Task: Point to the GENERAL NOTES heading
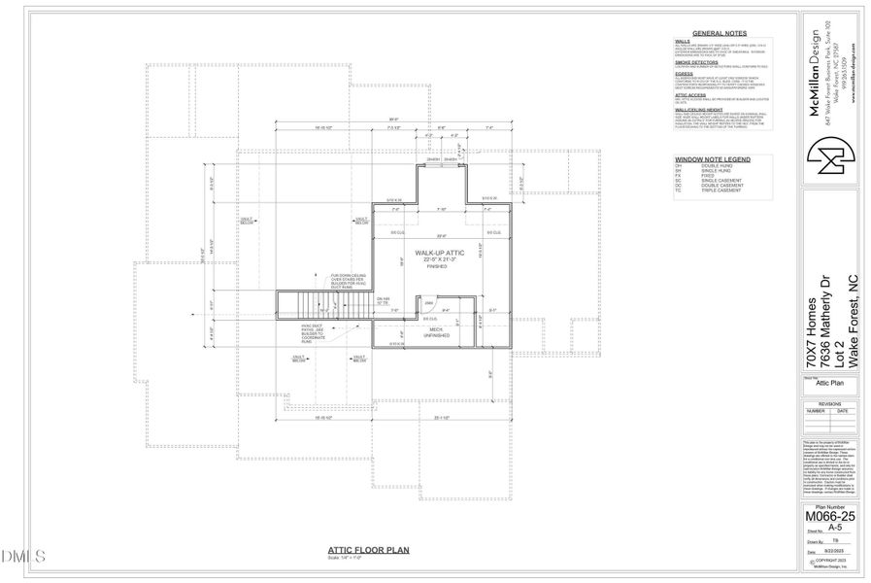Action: [718, 32]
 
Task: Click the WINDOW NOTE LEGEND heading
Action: [712, 158]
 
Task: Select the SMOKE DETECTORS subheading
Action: [695, 61]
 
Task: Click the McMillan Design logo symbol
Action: [831, 156]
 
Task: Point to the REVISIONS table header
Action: [831, 403]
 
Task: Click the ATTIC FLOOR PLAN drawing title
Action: [369, 549]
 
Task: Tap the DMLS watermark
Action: [24, 556]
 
